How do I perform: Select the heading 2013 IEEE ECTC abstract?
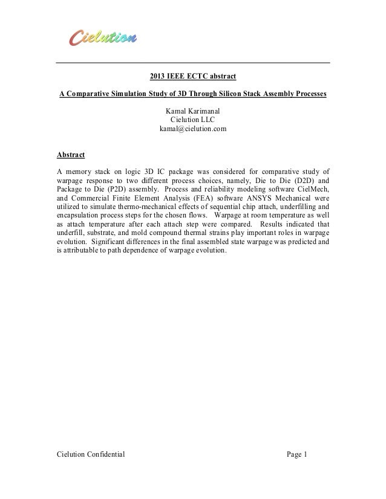click(192, 77)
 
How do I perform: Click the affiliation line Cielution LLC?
click(193, 120)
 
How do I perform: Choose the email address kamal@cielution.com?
click(193, 129)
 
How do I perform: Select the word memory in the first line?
click(78, 171)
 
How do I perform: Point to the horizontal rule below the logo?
click(193, 63)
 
